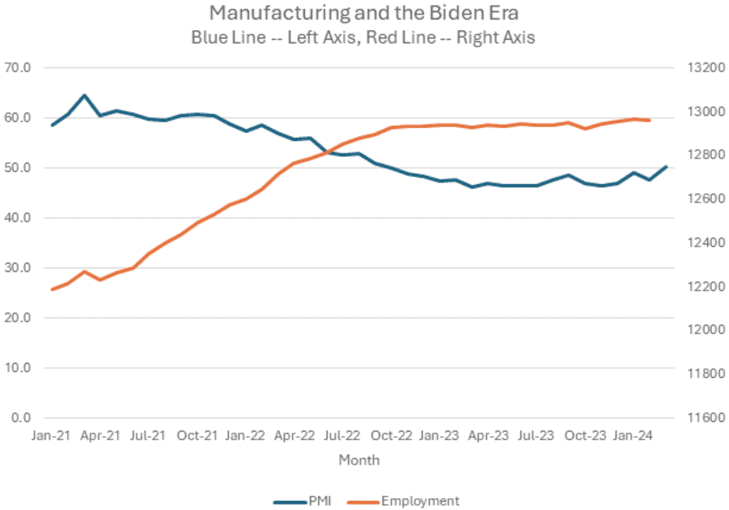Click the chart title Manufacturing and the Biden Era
click(x=364, y=13)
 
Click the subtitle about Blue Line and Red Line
click(x=364, y=37)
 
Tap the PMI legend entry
click(x=309, y=500)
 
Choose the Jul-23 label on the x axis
click(x=535, y=436)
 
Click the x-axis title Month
click(x=359, y=460)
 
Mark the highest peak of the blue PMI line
click(x=84, y=95)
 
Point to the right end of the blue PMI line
click(x=666, y=167)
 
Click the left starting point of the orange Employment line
click(x=52, y=289)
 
